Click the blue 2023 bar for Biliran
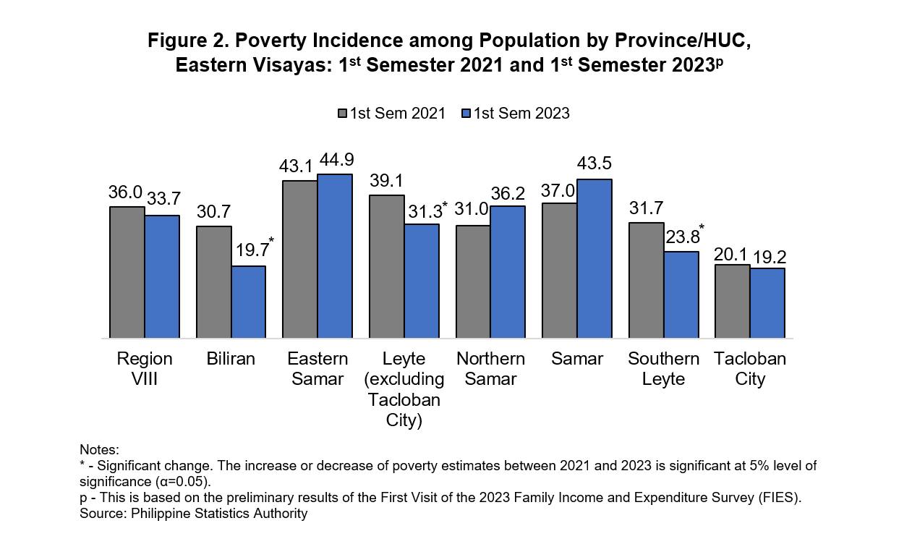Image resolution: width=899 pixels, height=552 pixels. pyautogui.click(x=248, y=302)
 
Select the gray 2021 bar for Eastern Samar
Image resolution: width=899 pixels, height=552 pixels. pyautogui.click(x=300, y=259)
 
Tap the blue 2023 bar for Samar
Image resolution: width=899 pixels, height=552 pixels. pyautogui.click(x=595, y=258)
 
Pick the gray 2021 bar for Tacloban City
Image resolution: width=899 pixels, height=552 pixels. pyautogui.click(x=732, y=301)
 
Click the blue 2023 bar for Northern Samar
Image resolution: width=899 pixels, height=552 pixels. pyautogui.click(x=508, y=272)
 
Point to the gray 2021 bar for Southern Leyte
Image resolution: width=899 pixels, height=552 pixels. pyautogui.click(x=646, y=280)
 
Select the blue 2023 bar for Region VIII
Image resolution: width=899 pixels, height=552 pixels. pyautogui.click(x=162, y=276)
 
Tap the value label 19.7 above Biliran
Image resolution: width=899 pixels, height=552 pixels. pyautogui.click(x=249, y=250)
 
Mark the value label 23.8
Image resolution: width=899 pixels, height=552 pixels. pyautogui.click(x=680, y=237)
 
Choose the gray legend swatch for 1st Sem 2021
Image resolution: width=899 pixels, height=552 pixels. pyautogui.click(x=342, y=114)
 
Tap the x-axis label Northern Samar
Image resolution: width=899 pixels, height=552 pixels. pyautogui.click(x=490, y=369)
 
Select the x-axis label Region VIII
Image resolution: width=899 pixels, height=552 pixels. pyautogui.click(x=145, y=369)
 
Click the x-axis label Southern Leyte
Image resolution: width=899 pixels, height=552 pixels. pyautogui.click(x=663, y=369)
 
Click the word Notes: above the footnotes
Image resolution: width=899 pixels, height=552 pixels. pyautogui.click(x=99, y=450)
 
